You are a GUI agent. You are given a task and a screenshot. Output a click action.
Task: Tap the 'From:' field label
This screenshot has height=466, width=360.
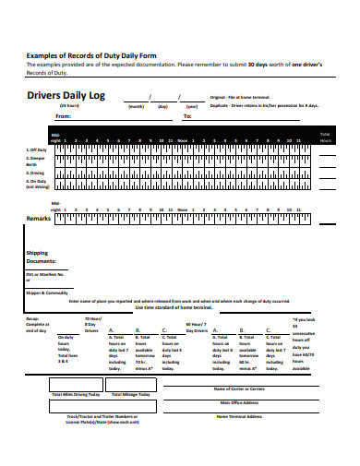click(x=63, y=116)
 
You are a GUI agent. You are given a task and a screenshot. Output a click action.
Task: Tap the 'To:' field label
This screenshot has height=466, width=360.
click(x=187, y=116)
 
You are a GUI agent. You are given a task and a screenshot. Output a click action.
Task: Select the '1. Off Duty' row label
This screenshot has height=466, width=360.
click(x=37, y=149)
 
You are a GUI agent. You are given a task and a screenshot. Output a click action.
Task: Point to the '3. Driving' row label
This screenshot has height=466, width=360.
click(x=36, y=171)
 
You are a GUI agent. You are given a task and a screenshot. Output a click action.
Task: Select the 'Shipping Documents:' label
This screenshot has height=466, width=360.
click(x=41, y=257)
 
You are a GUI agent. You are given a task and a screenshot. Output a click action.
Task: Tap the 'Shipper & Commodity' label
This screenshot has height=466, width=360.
click(x=47, y=292)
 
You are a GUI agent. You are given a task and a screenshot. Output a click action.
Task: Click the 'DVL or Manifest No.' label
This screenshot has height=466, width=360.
click(x=46, y=274)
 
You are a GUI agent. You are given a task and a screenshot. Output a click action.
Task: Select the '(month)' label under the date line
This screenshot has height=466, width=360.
click(x=136, y=106)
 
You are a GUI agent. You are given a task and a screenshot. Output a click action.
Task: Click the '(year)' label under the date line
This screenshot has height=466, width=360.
click(x=191, y=106)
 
